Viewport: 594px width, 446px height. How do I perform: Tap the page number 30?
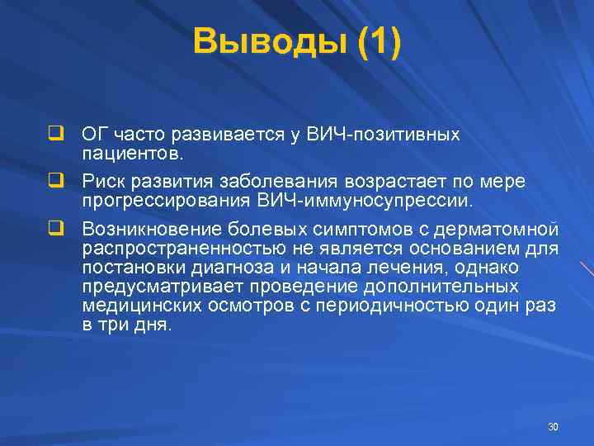(553, 426)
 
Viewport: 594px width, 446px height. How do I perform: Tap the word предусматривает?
(157, 287)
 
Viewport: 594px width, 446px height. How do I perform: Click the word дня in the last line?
(153, 325)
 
